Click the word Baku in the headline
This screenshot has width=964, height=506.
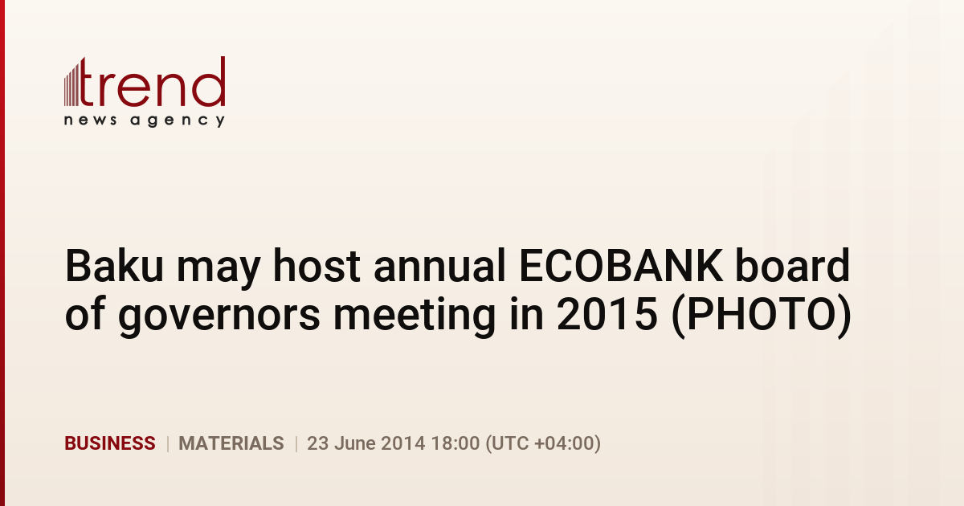[x=114, y=266]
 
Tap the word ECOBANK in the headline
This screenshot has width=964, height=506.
[x=621, y=266]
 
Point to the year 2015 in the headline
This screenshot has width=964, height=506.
[x=607, y=314]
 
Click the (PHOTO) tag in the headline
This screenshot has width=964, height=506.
[x=762, y=315]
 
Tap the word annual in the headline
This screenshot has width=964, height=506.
[x=439, y=266]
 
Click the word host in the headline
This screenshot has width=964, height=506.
[x=317, y=266]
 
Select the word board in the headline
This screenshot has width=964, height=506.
[x=792, y=266]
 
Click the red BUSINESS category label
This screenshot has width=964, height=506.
[x=110, y=443]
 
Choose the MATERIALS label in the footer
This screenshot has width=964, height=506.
[x=231, y=443]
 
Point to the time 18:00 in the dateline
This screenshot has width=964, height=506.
[x=455, y=443]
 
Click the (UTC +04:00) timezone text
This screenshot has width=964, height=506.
[x=543, y=443]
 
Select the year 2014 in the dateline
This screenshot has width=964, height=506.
[x=403, y=443]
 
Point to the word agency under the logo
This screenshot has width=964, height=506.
[x=178, y=121]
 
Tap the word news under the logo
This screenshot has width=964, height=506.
[x=90, y=120]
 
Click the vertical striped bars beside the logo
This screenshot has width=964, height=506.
[x=71, y=84]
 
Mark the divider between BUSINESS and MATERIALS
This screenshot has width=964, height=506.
[x=167, y=443]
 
